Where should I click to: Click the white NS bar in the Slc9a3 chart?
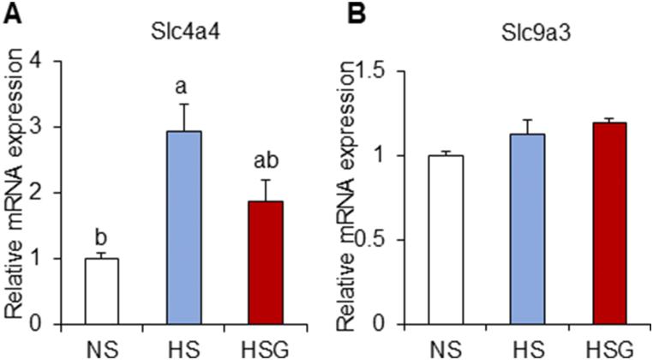pyautogui.click(x=446, y=240)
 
